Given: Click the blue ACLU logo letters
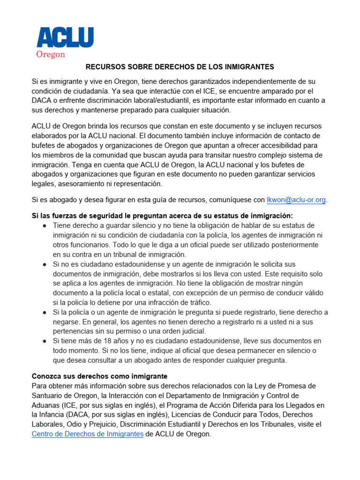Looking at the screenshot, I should [x=65, y=37].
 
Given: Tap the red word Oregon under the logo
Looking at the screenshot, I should [x=51, y=54].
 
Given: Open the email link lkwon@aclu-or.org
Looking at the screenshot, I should [x=296, y=200].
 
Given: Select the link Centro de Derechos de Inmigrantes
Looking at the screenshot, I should [x=87, y=434].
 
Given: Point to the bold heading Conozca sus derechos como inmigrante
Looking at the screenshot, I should [x=99, y=376].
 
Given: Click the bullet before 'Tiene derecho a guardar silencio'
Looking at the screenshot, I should [x=44, y=225].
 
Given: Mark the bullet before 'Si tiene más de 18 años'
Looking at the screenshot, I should [x=44, y=341].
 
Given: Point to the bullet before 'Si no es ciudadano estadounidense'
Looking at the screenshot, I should [x=44, y=264].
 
